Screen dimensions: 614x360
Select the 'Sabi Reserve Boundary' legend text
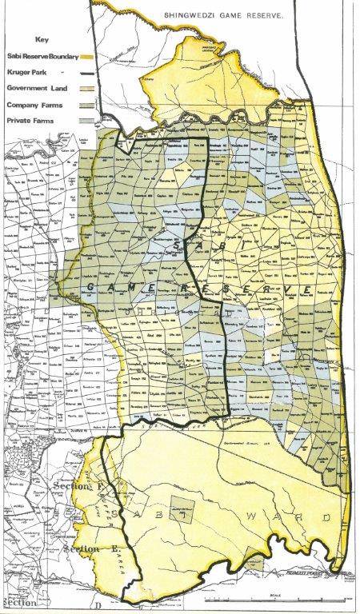click(38, 57)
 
